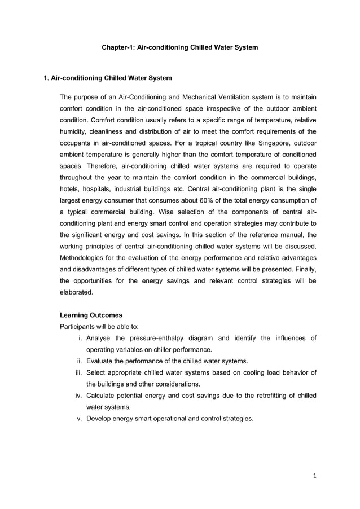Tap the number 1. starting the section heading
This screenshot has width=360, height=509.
pos(47,77)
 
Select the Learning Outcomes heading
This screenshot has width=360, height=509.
pos(90,315)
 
